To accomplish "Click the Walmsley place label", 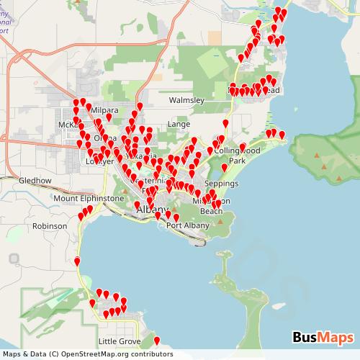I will (186, 101).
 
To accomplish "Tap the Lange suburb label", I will (179, 124).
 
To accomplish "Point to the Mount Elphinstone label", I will (89, 198).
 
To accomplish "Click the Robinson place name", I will (50, 226).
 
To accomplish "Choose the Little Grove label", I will (120, 341).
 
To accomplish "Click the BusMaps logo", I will (323, 337).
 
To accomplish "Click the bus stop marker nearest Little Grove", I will (158, 339).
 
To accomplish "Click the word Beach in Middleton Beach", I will (210, 212).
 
